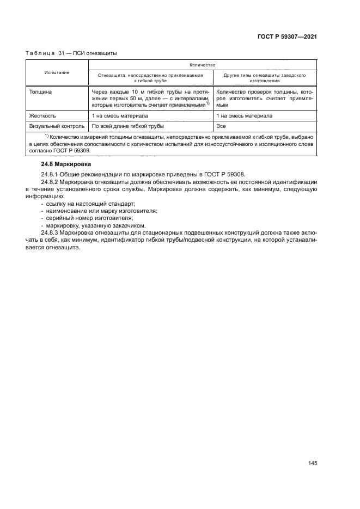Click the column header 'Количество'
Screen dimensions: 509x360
coord(202,64)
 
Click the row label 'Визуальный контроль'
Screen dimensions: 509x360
coord(57,126)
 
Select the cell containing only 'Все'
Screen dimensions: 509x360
coord(221,126)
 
